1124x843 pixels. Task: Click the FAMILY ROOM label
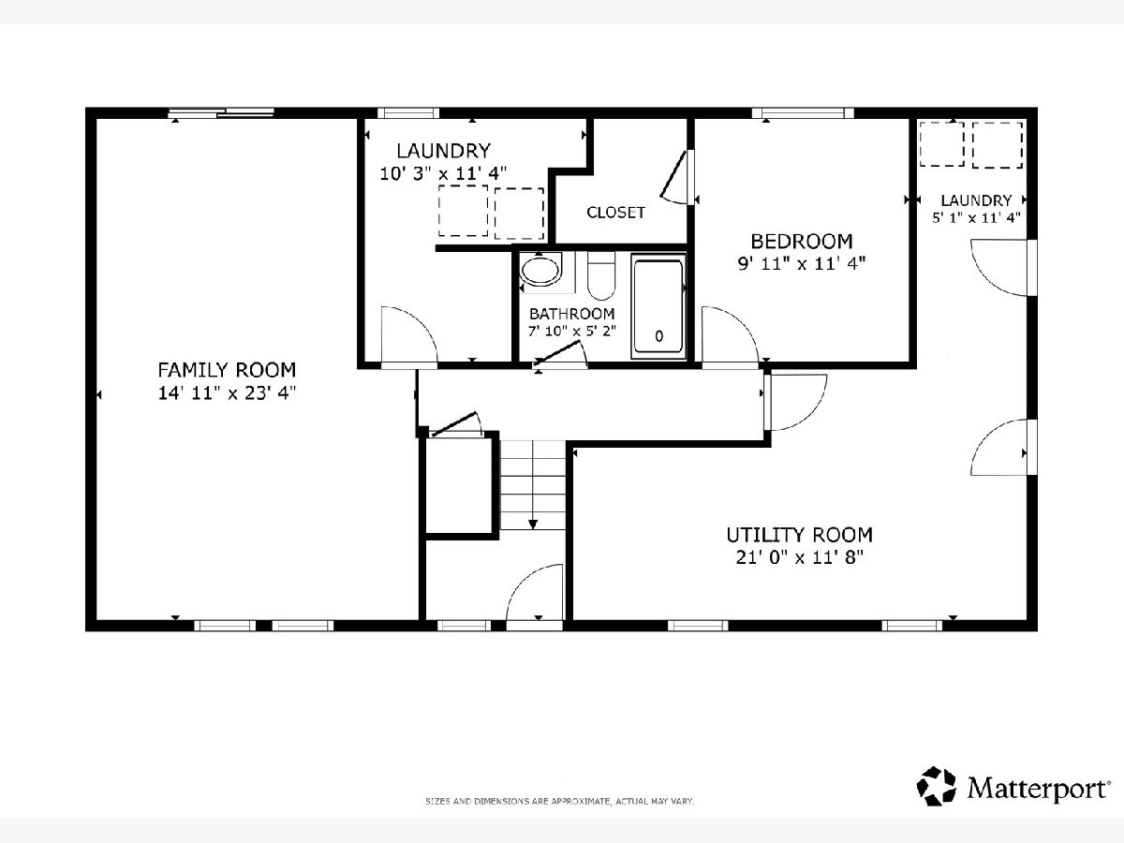click(227, 370)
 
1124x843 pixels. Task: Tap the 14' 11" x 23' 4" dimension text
click(227, 393)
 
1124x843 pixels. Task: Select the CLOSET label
click(615, 213)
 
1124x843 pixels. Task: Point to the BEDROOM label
click(802, 241)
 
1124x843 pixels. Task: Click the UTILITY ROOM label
click(799, 535)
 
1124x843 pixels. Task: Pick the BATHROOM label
click(571, 313)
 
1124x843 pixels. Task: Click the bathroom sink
click(540, 272)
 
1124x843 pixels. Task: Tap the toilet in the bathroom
click(601, 276)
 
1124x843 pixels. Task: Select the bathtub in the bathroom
click(658, 306)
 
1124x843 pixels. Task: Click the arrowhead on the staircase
click(533, 525)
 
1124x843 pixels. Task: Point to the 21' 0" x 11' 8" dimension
click(799, 557)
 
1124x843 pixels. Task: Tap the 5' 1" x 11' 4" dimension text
click(976, 217)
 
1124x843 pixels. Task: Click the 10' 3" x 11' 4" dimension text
click(443, 173)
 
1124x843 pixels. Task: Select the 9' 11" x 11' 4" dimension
click(802, 263)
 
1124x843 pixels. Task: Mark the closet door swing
click(675, 178)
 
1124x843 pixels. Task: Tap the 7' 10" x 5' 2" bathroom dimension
click(571, 332)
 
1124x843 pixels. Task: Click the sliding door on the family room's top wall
click(221, 113)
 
